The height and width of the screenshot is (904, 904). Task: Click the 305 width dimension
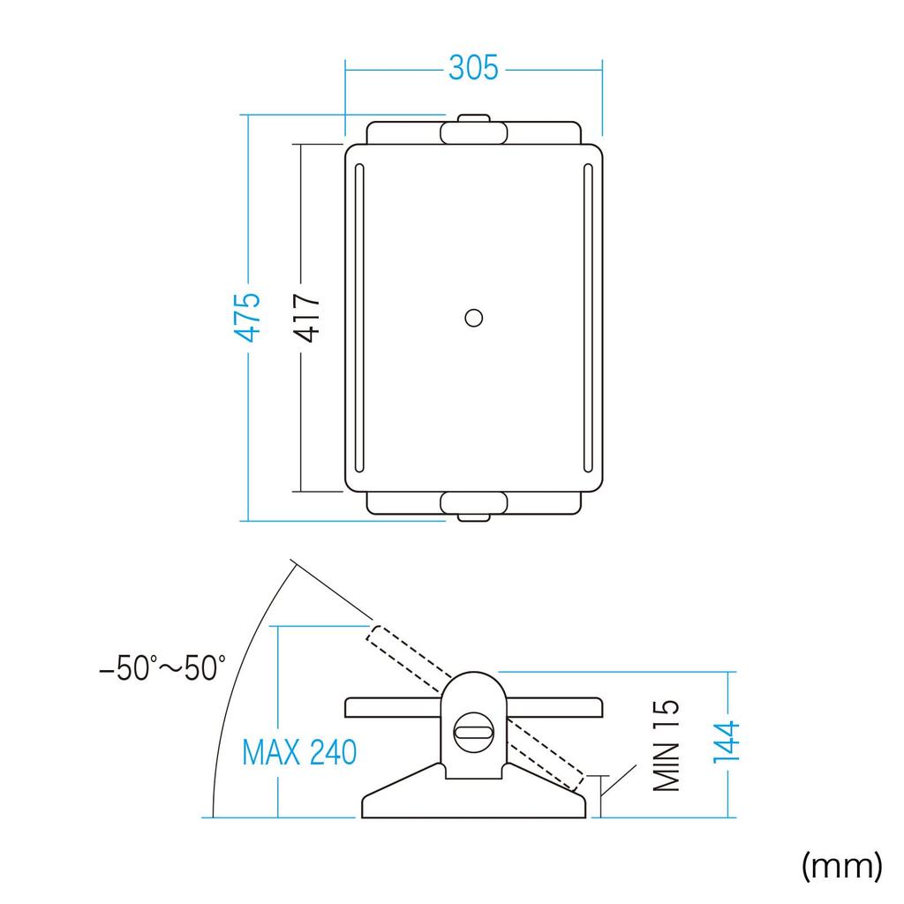[x=473, y=68]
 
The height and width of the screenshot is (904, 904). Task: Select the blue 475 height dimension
[x=248, y=317]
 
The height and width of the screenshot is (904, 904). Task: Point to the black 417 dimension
[x=306, y=318]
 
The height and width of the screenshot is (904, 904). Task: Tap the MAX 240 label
[x=299, y=752]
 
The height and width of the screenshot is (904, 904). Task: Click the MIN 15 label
[x=666, y=745]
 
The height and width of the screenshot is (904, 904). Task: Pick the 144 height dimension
[x=726, y=742]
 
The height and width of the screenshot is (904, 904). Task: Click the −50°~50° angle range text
[x=162, y=667]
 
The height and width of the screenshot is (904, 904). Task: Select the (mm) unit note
[x=841, y=865]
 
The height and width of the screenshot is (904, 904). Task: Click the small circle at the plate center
[x=474, y=318]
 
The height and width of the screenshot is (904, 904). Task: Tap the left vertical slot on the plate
[x=360, y=318]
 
